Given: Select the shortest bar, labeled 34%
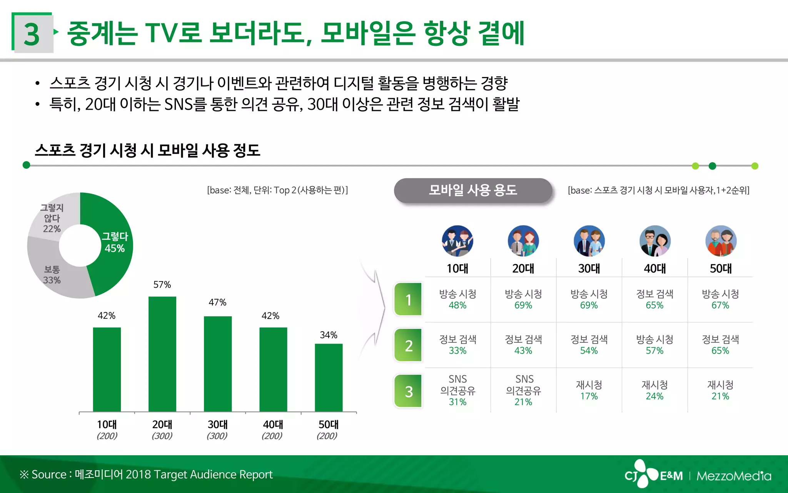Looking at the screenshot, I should [329, 377].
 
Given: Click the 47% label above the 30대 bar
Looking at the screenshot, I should [217, 302].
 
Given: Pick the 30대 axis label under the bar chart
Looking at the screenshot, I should [217, 424].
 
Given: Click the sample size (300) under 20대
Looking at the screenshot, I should [162, 436].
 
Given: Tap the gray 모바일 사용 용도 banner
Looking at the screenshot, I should [473, 190].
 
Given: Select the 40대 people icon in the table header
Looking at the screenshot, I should [655, 241].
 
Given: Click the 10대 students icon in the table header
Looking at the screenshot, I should [457, 241].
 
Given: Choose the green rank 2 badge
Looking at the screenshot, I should [408, 345].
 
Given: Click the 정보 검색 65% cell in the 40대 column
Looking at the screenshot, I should [654, 299].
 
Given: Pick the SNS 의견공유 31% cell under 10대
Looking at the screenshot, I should [457, 390].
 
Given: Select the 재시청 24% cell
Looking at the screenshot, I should [654, 390].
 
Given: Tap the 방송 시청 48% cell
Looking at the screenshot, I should [457, 299].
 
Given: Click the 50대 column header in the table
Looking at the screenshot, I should [720, 268].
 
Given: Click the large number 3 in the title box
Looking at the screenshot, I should [32, 34].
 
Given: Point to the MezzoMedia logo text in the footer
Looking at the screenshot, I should [733, 476].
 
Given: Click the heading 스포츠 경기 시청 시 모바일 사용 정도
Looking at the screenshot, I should [147, 150].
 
